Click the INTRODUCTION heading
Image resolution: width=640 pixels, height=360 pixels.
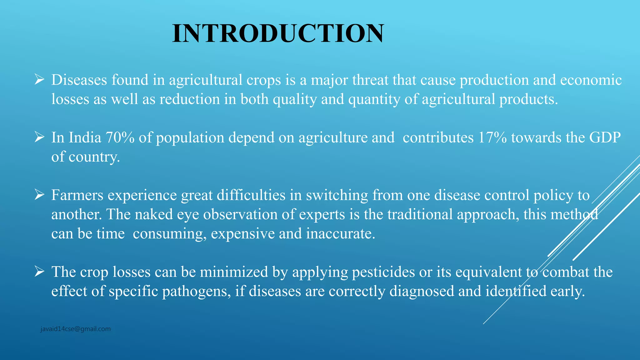278,33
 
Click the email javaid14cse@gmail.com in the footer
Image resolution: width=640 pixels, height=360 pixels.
75,329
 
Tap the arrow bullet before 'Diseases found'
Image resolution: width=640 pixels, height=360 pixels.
39,80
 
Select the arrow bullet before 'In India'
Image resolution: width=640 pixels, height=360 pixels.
39,137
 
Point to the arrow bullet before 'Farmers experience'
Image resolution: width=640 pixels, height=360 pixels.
39,195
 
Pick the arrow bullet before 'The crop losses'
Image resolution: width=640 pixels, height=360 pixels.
39,272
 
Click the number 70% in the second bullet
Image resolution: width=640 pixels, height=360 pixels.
120,137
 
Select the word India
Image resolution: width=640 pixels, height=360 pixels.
85,137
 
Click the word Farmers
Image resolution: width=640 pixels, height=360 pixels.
77,195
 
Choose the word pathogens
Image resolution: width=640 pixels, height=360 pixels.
196,291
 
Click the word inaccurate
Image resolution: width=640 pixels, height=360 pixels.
340,234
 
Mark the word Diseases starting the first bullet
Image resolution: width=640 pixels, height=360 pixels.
79,80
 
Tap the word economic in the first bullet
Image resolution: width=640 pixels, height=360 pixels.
591,80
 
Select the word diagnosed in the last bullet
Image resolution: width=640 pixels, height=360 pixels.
422,291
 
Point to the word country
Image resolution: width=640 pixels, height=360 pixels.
94,157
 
